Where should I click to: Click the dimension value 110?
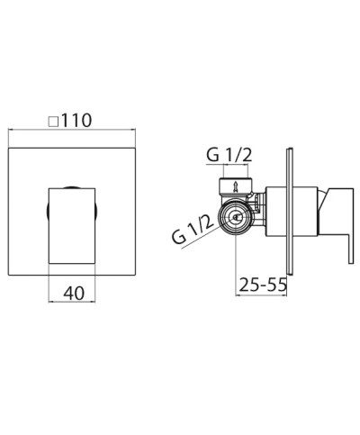[76, 121]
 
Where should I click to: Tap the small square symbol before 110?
[53, 122]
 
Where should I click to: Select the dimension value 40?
[74, 293]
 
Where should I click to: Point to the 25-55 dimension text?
[263, 285]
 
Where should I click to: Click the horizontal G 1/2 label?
[229, 155]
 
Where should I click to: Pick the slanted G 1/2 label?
[193, 229]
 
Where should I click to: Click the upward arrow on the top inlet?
[236, 186]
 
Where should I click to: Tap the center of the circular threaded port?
[236, 217]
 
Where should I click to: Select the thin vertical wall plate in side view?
[290, 211]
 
